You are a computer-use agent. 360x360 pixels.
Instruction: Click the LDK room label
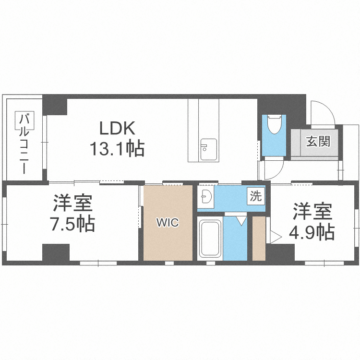pyautogui.click(x=118, y=129)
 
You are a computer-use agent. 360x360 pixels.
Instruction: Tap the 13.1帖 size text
pyautogui.click(x=118, y=149)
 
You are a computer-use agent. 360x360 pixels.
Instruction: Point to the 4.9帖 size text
pyautogui.click(x=312, y=232)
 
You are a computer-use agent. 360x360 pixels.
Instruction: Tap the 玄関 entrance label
pyautogui.click(x=318, y=142)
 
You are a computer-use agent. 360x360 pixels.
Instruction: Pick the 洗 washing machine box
pyautogui.click(x=256, y=196)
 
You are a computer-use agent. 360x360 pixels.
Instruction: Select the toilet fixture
pyautogui.click(x=275, y=125)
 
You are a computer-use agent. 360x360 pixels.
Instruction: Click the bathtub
pyautogui.click(x=209, y=239)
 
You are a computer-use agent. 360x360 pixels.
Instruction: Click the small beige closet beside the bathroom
pyautogui.click(x=259, y=239)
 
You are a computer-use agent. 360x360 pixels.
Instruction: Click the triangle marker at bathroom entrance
pyautogui.click(x=240, y=220)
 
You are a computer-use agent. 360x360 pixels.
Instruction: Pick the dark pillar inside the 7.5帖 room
pyautogui.click(x=56, y=252)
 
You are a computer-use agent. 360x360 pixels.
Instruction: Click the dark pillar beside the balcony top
pyautogui.click(x=55, y=105)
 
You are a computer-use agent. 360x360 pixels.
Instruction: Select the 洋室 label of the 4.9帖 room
pyautogui.click(x=312, y=211)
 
